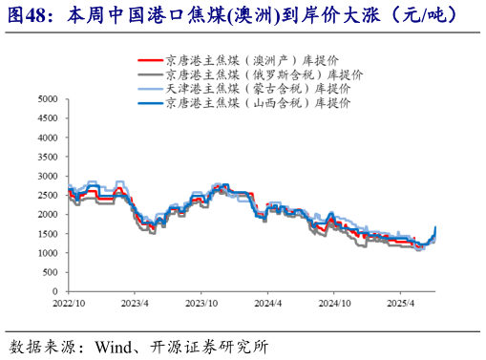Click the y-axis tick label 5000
click(46, 98)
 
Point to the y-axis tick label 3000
click(46, 176)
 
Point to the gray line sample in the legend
click(149, 74)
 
